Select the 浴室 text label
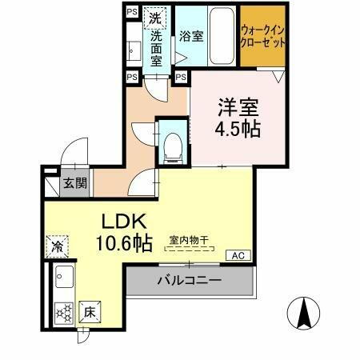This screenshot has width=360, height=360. [x=190, y=36]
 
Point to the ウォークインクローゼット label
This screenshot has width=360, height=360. [x=263, y=36]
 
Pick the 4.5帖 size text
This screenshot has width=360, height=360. [x=237, y=129]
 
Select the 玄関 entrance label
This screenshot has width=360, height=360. [x=76, y=183]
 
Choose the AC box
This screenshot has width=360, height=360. [x=236, y=256]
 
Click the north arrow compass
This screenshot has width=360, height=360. [x=306, y=312]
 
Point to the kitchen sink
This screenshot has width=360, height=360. [x=62, y=281]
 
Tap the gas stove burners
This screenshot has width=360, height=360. [x=62, y=313]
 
